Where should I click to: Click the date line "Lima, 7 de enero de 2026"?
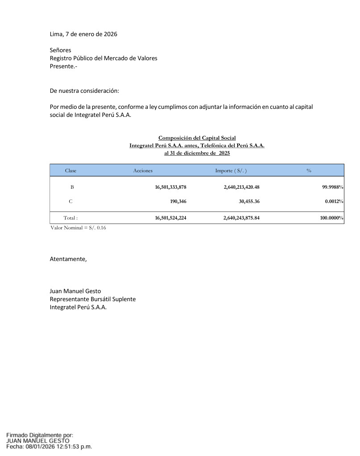coord(84,34)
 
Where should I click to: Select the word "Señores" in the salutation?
coord(60,50)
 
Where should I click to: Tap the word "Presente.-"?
coord(63,66)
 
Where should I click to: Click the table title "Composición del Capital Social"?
coord(197,138)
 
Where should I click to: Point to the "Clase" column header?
coord(71,171)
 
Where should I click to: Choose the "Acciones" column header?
coord(143,171)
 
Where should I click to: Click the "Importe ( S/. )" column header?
coord(231,171)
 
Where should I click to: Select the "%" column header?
coord(309,171)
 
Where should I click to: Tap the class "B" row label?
coord(72,187)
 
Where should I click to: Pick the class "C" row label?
coord(71,202)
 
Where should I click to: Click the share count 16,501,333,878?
coord(171,187)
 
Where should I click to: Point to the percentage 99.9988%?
coord(333,187)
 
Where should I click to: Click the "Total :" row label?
coord(71,218)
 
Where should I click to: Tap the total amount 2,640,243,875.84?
coord(242,218)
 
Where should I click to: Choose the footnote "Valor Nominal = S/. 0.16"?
coord(78,228)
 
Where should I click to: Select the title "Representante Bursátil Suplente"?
coord(92,299)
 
